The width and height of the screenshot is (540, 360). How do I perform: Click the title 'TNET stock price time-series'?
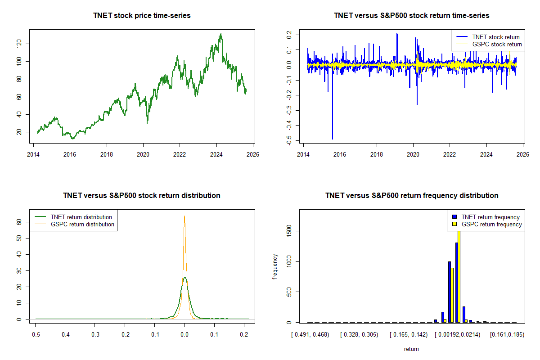click(x=142, y=16)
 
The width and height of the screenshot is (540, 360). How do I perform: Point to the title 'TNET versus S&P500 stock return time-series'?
click(x=411, y=16)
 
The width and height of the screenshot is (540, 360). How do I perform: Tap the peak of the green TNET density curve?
click(x=184, y=277)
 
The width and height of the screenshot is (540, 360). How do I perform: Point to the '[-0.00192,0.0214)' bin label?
click(x=457, y=334)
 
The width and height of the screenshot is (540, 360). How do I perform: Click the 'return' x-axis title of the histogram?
click(x=411, y=349)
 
